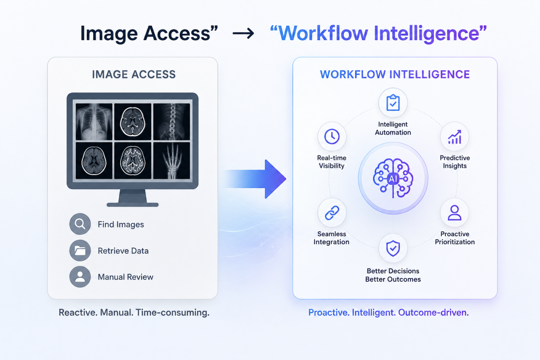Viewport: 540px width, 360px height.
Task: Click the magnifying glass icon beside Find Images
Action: click(x=80, y=224)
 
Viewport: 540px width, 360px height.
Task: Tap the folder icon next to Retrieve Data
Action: click(x=80, y=251)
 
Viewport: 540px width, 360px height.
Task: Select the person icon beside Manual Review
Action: click(x=80, y=277)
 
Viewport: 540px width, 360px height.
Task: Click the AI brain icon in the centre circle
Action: click(x=393, y=179)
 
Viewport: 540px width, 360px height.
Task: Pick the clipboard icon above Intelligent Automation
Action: click(x=393, y=103)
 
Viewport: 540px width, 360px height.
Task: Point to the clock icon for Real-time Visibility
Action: click(x=332, y=136)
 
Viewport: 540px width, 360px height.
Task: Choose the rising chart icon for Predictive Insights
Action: click(x=454, y=137)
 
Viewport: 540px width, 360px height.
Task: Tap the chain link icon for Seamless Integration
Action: click(x=332, y=213)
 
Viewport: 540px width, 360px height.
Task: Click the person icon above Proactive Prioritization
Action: click(x=454, y=213)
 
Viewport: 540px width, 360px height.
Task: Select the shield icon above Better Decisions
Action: click(x=393, y=248)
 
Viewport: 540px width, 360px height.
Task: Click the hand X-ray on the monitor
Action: click(x=171, y=161)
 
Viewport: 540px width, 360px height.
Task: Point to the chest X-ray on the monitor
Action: click(x=94, y=122)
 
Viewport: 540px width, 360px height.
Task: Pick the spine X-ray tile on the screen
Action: click(x=171, y=122)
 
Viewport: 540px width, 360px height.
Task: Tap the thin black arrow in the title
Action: click(x=243, y=33)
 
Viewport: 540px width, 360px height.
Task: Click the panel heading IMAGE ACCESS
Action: click(x=134, y=74)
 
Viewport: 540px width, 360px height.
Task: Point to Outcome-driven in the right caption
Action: click(x=433, y=312)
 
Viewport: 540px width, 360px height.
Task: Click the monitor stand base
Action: click(x=133, y=205)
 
